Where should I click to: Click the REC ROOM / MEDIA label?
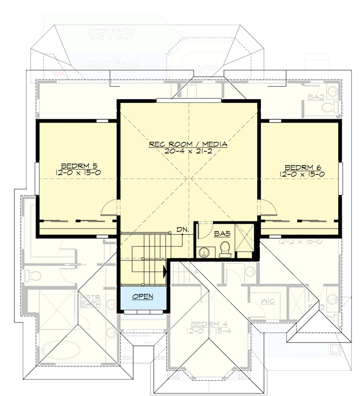[x=188, y=144]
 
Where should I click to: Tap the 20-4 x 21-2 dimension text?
[x=188, y=151]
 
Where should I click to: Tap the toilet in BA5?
[x=224, y=249]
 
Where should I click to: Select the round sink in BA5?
[x=204, y=253]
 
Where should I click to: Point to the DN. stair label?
[x=182, y=230]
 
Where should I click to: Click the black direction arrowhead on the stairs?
[x=164, y=271]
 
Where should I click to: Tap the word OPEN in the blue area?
[x=143, y=297]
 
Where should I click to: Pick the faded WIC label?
[x=260, y=300]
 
